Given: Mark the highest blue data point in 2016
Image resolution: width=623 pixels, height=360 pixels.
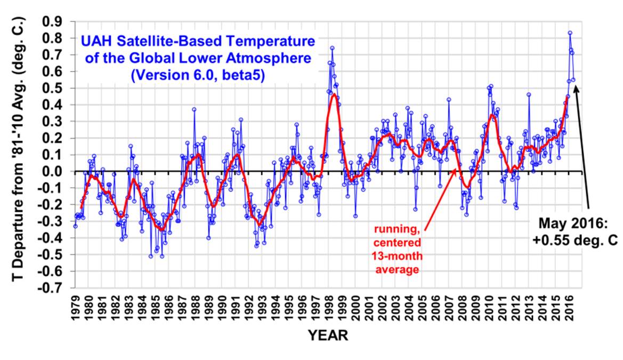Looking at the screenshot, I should (x=570, y=33).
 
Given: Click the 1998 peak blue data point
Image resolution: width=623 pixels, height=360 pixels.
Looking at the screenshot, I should (x=331, y=48).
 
